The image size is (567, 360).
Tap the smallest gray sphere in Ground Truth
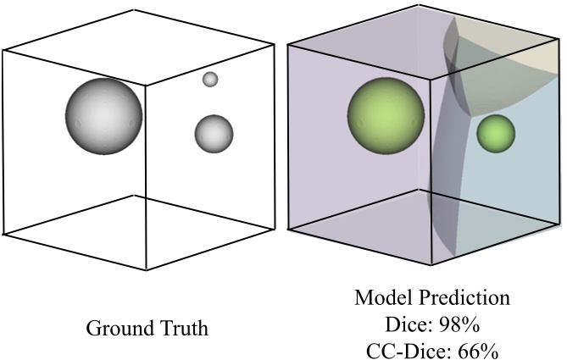click(x=210, y=80)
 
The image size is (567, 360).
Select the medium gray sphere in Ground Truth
click(x=214, y=133)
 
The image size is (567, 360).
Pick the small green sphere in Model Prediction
click(x=496, y=133)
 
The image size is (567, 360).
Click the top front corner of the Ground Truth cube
click(x=146, y=86)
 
